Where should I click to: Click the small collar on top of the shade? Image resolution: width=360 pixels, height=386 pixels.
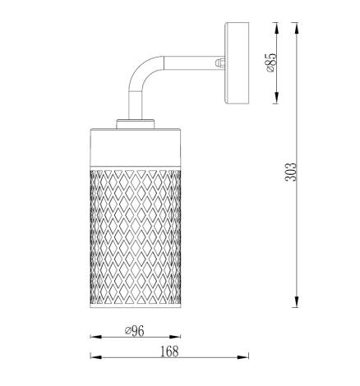[134, 125]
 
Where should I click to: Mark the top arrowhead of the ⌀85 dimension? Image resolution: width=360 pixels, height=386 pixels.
[278, 27]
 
